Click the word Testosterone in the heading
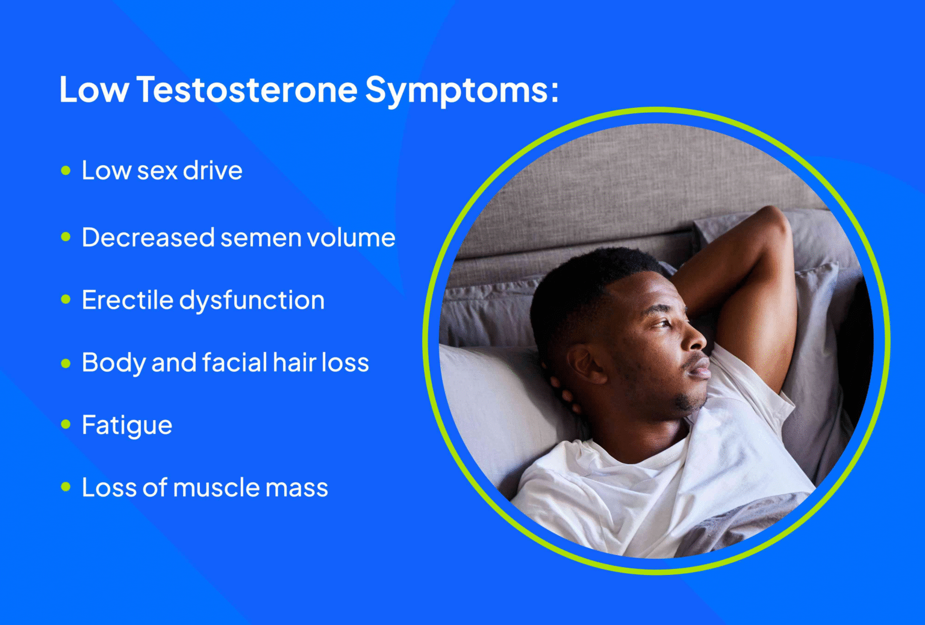[247, 90]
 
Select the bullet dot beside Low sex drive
[66, 171]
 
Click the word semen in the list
[261, 238]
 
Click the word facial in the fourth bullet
[234, 363]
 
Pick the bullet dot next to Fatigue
[66, 425]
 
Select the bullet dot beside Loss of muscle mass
[66, 487]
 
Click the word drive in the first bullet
[213, 171]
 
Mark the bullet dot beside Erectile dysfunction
[66, 300]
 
